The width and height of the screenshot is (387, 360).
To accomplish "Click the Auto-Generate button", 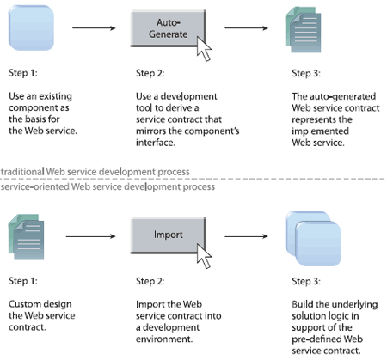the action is point(169,28).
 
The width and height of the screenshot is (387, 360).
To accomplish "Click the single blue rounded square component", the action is point(31,28).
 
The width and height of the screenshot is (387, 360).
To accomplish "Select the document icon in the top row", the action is point(303,30).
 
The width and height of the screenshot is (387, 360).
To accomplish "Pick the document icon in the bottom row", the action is point(26,237).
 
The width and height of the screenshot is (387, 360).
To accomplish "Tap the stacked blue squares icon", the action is point(313,239).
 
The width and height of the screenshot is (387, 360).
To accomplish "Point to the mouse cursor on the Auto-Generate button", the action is point(204,49).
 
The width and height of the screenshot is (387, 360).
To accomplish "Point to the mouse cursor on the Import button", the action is point(204,256).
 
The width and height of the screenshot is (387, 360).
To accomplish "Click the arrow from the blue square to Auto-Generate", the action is point(94,28).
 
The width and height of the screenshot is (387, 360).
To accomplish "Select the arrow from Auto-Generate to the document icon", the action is point(246,28).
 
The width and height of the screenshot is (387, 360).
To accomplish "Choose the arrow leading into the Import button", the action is point(91,236).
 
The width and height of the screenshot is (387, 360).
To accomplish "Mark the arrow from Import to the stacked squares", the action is point(246,236).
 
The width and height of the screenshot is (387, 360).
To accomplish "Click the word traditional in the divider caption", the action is point(22,172).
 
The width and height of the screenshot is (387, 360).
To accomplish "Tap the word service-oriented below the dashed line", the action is point(35,186).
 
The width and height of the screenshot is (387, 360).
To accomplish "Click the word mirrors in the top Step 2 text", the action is point(150,131).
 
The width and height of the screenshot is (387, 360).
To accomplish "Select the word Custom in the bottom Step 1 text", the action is point(25,304).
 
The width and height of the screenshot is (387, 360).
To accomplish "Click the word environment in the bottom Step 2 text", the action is point(164,339).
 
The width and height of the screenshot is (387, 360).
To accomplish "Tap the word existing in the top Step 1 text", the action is point(56,96).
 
